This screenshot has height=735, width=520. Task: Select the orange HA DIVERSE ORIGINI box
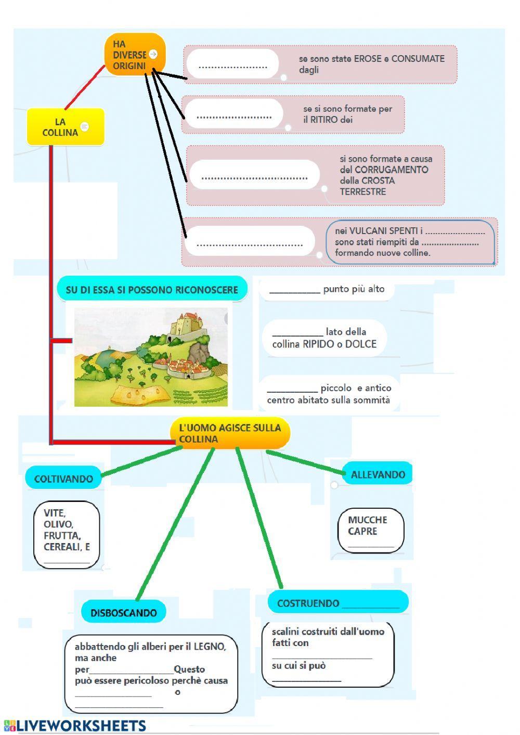(134, 55)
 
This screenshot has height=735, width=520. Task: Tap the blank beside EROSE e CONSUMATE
(232, 65)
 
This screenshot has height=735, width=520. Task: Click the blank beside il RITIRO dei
(234, 114)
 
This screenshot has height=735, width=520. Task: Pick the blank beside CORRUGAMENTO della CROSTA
(254, 175)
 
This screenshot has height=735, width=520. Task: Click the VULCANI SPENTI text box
(410, 242)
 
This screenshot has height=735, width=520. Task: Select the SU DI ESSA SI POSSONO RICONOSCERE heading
(152, 290)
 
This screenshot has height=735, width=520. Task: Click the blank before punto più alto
(295, 290)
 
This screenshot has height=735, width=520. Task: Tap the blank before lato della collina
(297, 333)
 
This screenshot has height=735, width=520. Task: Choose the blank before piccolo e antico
(292, 389)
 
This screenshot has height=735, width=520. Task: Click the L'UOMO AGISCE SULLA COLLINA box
(230, 433)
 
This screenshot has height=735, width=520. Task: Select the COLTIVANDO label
(63, 479)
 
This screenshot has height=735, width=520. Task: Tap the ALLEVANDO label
(378, 474)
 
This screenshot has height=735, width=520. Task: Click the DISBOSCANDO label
(124, 613)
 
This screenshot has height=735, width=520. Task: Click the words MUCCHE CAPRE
(368, 525)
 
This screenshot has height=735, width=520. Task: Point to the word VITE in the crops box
(55, 513)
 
